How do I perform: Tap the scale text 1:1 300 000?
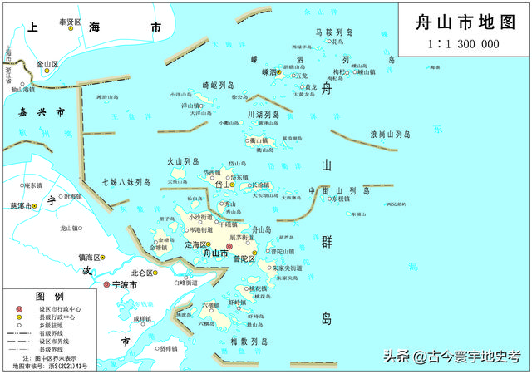tap(463, 43)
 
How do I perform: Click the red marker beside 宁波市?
tap(106, 285)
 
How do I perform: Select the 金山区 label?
tap(47, 63)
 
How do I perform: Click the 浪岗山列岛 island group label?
tap(391, 134)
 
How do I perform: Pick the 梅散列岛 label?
tap(249, 342)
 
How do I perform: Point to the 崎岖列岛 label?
tap(219, 86)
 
